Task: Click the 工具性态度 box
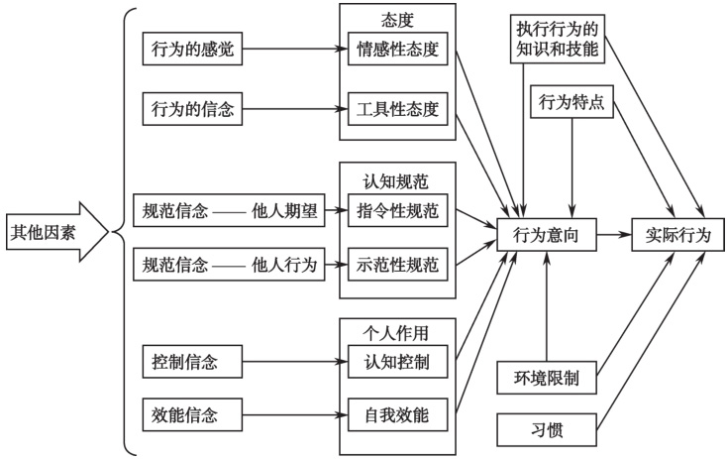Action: point(397,110)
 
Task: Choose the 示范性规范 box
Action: point(397,265)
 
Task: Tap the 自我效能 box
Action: point(397,410)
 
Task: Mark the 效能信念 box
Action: point(185,410)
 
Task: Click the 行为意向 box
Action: point(546,236)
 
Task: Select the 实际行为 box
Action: point(678,236)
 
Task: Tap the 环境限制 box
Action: point(546,379)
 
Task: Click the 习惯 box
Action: point(546,431)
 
